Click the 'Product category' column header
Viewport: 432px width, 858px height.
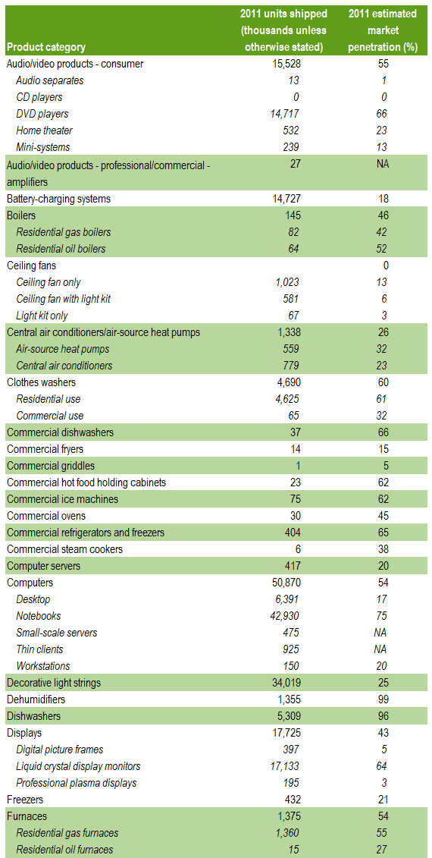(46, 47)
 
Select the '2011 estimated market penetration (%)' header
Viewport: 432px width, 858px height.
(382, 30)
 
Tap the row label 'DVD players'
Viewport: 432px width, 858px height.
(42, 114)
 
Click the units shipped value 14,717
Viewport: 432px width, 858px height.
(283, 114)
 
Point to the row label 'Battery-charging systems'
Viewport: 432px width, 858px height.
(58, 199)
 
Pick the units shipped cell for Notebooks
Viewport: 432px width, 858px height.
(283, 615)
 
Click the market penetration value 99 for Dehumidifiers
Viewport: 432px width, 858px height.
(382, 699)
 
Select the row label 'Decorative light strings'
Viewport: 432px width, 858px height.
(54, 682)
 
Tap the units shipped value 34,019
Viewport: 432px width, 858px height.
(283, 682)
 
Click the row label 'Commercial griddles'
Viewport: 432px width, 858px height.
(50, 466)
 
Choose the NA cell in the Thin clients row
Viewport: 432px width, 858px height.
(382, 649)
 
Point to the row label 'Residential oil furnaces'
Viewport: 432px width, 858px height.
(65, 849)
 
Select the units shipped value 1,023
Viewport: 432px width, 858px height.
(286, 282)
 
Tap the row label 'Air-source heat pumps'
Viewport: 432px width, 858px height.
(63, 349)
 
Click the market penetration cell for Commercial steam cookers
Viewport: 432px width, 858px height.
(382, 548)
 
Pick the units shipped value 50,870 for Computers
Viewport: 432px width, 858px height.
(283, 582)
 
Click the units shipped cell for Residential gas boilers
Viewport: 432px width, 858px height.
(293, 232)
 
